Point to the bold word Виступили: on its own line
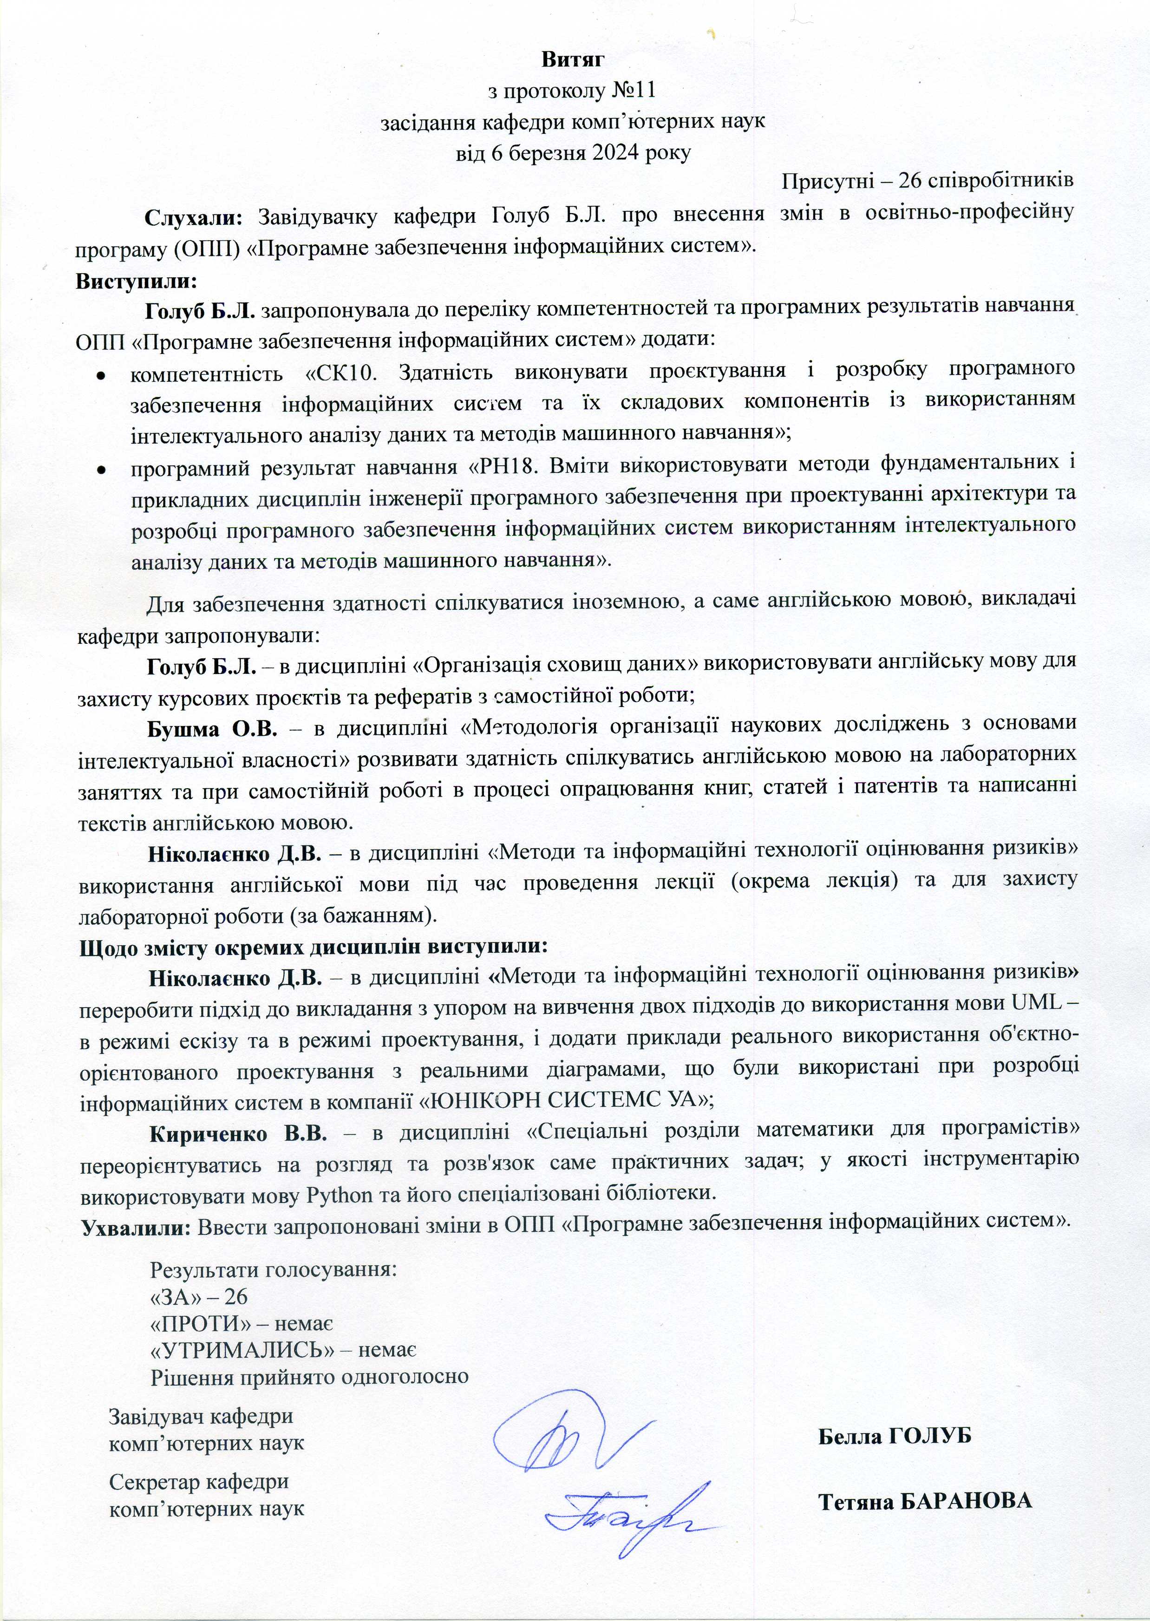pos(136,281)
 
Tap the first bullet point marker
pos(101,375)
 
